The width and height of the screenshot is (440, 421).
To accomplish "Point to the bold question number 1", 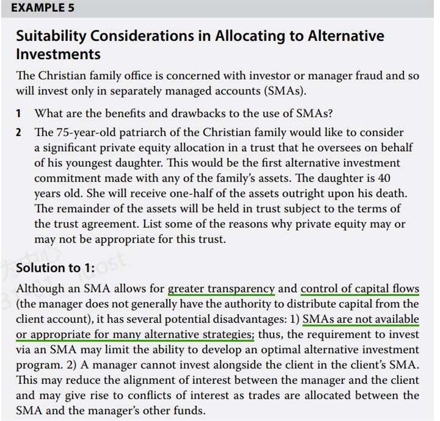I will point(19,113).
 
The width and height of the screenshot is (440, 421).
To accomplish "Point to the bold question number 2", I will point(19,132).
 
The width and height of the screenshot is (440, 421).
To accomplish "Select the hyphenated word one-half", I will point(173,193).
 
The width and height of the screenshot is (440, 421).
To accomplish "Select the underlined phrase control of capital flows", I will point(360,288).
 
